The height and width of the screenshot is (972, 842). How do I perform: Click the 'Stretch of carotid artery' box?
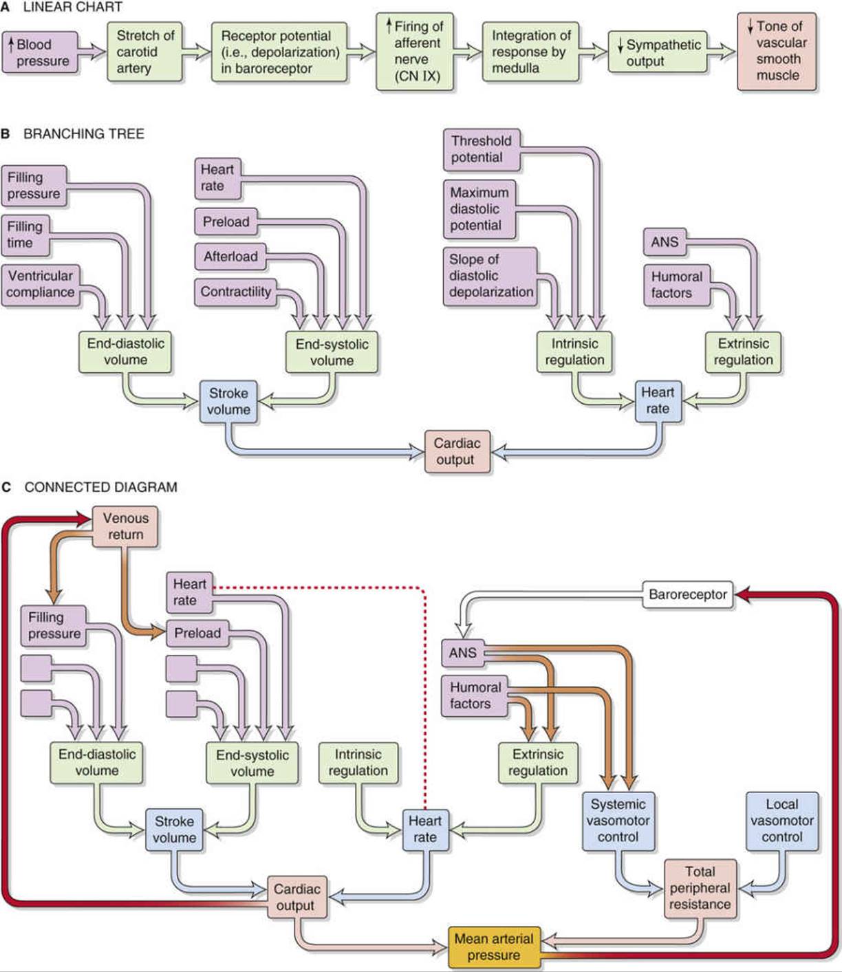tap(144, 52)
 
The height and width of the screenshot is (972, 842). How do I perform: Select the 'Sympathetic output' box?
tap(657, 52)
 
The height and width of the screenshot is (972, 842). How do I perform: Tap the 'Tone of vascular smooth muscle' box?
tap(777, 52)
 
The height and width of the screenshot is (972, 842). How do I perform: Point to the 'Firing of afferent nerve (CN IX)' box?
tap(414, 52)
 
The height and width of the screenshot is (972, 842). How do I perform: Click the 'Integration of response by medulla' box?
tap(530, 52)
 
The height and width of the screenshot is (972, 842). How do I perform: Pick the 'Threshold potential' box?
tap(482, 149)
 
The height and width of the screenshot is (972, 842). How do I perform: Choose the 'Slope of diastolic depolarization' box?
tap(490, 276)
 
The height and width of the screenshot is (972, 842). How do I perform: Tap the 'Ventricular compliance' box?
tap(41, 285)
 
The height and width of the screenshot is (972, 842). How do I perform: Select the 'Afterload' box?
tap(230, 257)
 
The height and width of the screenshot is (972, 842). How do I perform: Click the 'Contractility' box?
tap(236, 292)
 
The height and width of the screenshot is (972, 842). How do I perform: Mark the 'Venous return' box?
tap(125, 527)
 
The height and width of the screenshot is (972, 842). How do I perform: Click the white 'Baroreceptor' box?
tap(688, 594)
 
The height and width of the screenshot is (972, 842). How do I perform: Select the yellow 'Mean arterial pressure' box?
tap(494, 947)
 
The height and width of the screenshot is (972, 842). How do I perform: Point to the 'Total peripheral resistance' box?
tap(700, 888)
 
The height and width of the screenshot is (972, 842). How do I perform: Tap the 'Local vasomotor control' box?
tap(781, 821)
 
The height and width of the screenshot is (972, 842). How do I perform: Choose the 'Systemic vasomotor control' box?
tap(618, 821)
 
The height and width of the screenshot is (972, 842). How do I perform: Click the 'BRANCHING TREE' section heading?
tap(84, 134)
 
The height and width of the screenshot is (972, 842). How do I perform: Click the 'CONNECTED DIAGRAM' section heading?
tap(100, 487)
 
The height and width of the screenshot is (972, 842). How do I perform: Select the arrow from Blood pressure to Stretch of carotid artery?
tap(91, 51)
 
